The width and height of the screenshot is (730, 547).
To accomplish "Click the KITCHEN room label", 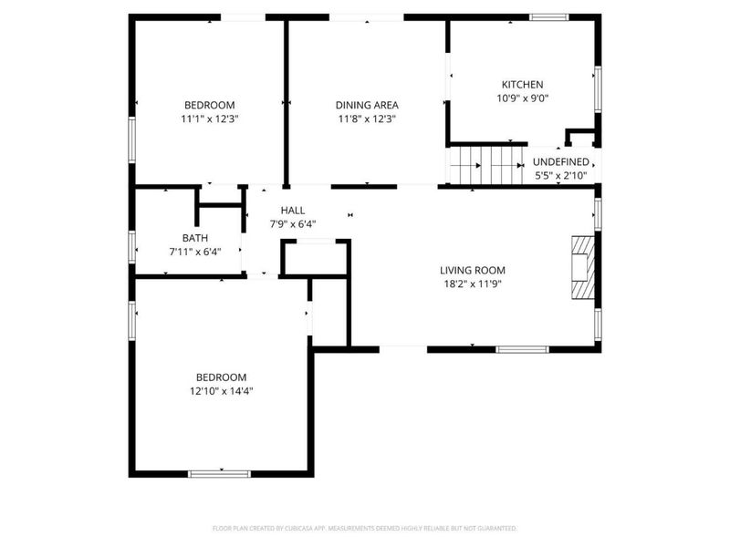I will point(520,85).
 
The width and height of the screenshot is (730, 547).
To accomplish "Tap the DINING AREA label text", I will point(367,105).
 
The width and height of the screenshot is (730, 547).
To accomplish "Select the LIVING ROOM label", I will point(472,270).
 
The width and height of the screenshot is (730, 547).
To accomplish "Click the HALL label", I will point(293,211).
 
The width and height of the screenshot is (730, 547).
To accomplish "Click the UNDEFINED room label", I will point(560,161).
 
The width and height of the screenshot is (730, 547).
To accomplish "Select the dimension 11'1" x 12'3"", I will point(210,119).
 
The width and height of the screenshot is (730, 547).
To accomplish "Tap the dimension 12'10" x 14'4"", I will point(223,391).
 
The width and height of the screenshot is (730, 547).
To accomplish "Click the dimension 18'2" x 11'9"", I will point(472,284).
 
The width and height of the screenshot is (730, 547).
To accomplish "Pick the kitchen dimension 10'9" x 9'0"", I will point(521,98).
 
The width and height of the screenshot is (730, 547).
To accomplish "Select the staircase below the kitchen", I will point(489,166).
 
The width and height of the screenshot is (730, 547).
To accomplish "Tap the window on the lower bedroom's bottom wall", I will point(219,473).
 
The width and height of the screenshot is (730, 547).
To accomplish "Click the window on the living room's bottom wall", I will point(522,348).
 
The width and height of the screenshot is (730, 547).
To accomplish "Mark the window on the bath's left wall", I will point(133,245).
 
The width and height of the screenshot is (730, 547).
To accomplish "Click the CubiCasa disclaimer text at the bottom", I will point(364,528).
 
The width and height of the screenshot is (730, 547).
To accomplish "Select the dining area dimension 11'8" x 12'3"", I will point(367,119).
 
